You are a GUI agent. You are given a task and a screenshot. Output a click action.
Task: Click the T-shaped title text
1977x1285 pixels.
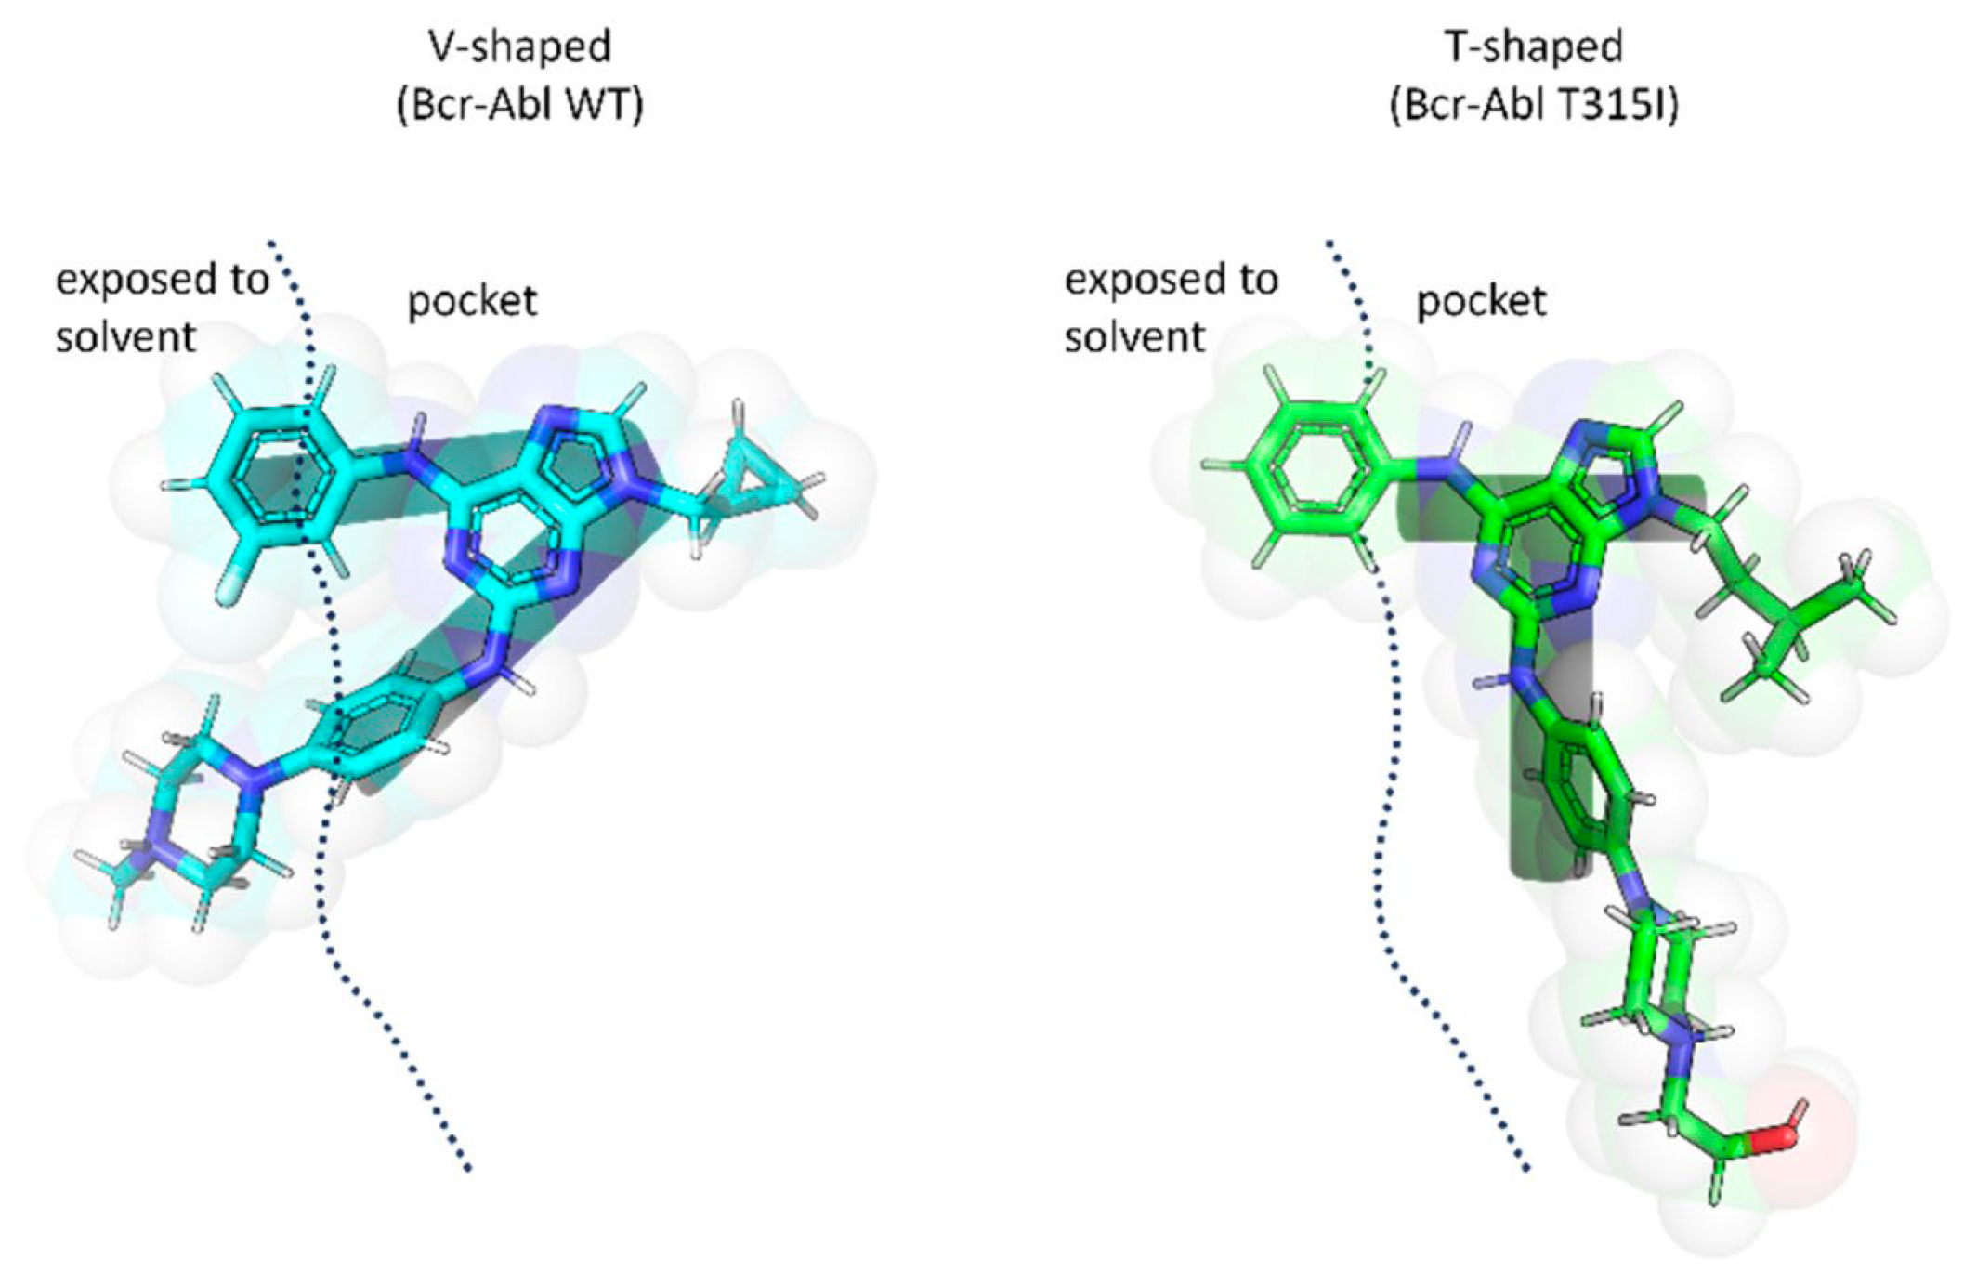point(1534,46)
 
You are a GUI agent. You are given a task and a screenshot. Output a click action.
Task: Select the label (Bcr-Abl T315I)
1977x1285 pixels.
point(1534,106)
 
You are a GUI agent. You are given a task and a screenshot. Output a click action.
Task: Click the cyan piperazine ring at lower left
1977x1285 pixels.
point(190,818)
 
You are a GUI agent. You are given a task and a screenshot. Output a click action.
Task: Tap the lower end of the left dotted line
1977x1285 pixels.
point(467,1167)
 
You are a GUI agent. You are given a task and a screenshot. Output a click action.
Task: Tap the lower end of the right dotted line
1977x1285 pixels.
point(1525,1167)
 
